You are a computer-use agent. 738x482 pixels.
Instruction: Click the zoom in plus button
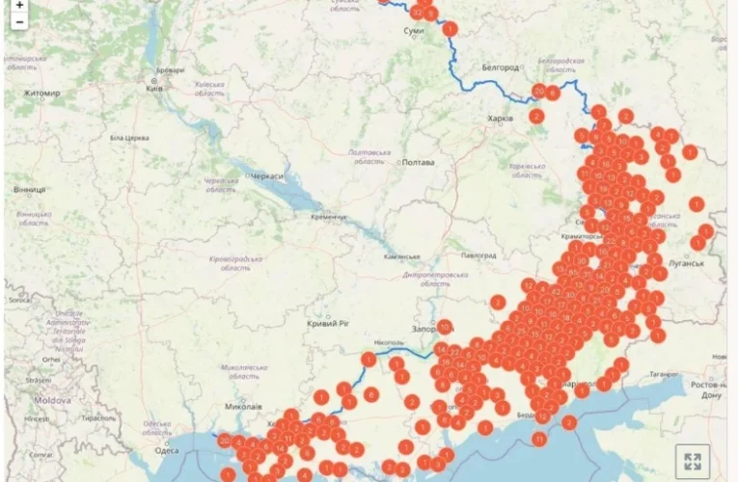click(19, 5)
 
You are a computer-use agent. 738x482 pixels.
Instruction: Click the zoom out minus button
click(19, 21)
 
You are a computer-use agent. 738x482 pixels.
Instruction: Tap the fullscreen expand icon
click(691, 461)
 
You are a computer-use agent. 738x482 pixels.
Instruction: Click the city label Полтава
click(419, 162)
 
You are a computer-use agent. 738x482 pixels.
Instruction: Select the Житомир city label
click(41, 94)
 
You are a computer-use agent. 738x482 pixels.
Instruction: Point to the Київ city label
click(152, 89)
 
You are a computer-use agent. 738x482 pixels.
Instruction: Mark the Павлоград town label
click(478, 255)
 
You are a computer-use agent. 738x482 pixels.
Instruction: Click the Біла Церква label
click(129, 138)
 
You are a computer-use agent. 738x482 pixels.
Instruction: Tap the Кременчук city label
click(328, 217)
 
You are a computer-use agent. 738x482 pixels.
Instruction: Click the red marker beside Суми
click(450, 30)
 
